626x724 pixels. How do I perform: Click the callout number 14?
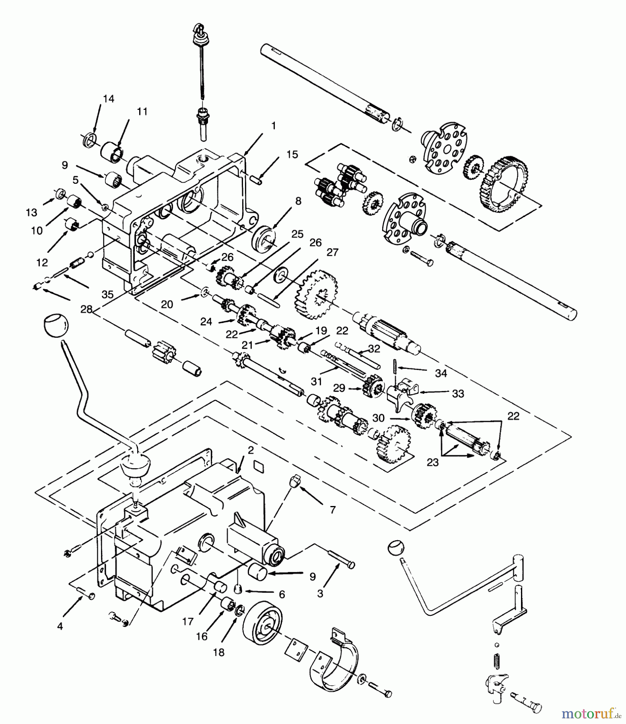tap(108, 99)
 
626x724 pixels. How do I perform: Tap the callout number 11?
tap(142, 111)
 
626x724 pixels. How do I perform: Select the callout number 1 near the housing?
tap(274, 126)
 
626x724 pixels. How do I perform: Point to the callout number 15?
tap(292, 154)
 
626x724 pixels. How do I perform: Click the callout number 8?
tap(298, 201)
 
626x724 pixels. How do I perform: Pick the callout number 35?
tap(107, 294)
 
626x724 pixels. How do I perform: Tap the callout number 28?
tap(86, 309)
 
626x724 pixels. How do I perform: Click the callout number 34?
tap(441, 373)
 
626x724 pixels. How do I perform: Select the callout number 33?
tap(458, 393)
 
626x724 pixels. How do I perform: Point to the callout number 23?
tap(432, 463)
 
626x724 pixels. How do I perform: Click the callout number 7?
tap(332, 510)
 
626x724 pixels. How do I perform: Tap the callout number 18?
tap(219, 652)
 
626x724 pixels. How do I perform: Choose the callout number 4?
tap(60, 626)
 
